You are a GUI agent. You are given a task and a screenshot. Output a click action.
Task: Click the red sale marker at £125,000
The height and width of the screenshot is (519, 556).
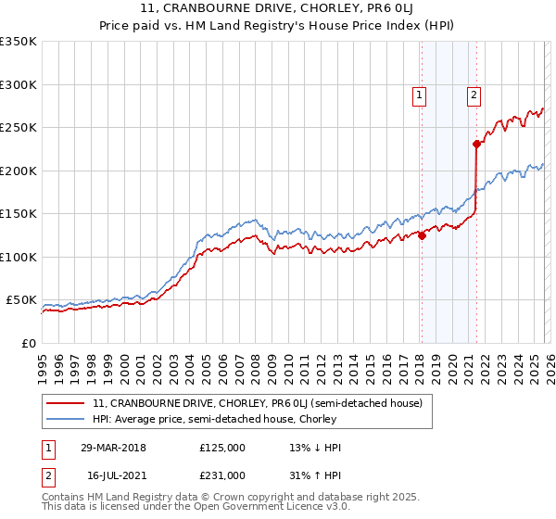coord(421,235)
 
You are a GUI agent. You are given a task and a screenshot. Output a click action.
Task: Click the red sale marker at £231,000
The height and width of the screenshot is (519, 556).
coord(475,144)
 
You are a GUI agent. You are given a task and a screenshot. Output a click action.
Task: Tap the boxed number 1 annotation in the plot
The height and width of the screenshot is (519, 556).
coord(420,94)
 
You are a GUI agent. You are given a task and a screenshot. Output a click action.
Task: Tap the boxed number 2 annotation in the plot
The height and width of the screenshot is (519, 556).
coord(474,94)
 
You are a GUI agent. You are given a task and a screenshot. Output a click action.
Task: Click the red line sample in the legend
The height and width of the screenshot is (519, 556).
coord(67,403)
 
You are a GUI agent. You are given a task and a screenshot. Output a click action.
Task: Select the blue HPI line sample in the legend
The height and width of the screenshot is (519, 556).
coord(67,420)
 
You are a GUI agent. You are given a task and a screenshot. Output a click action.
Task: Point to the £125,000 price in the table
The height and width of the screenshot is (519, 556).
coord(222,448)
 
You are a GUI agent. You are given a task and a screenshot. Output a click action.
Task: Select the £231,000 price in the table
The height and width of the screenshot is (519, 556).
coord(222,475)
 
